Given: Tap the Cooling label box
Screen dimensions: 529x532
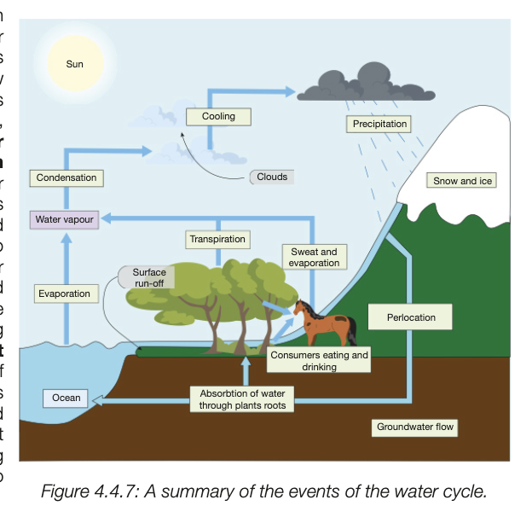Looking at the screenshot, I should [218, 116].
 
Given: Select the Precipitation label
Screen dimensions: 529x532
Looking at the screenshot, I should [379, 124].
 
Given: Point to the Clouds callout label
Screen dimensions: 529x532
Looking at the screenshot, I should [272, 177].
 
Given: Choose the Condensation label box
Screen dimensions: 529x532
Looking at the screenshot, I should [66, 177].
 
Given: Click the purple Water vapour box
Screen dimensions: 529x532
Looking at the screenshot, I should [65, 219].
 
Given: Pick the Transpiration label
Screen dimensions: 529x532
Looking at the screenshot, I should [217, 239].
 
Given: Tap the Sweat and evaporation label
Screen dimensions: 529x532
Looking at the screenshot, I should [314, 258].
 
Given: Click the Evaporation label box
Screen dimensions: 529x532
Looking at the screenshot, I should [64, 294].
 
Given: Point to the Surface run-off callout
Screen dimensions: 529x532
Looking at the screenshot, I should [148, 277].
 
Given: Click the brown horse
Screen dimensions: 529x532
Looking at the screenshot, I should [324, 323].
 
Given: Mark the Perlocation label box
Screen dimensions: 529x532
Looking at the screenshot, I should [410, 317].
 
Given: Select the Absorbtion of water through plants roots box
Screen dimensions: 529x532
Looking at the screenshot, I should [243, 399].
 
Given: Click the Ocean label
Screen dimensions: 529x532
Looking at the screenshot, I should [66, 398].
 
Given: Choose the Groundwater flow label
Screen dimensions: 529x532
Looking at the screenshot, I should [415, 427].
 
